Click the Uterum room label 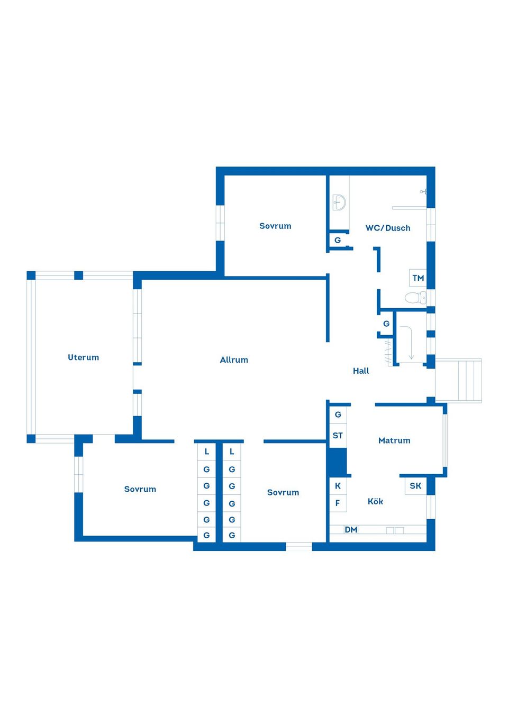(84, 357)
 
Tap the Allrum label (234, 360)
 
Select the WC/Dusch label (388, 228)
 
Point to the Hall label (361, 371)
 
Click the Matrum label (394, 440)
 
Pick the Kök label (375, 501)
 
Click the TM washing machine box (418, 278)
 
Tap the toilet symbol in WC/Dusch (415, 298)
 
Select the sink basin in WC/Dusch (339, 202)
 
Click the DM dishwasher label (351, 530)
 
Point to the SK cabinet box (415, 486)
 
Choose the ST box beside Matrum (338, 436)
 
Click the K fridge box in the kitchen (338, 486)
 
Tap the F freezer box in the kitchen (338, 503)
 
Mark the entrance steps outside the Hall (458, 381)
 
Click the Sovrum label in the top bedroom (275, 226)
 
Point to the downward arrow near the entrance (407, 343)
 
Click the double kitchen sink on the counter (395, 530)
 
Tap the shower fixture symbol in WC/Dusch (423, 192)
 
